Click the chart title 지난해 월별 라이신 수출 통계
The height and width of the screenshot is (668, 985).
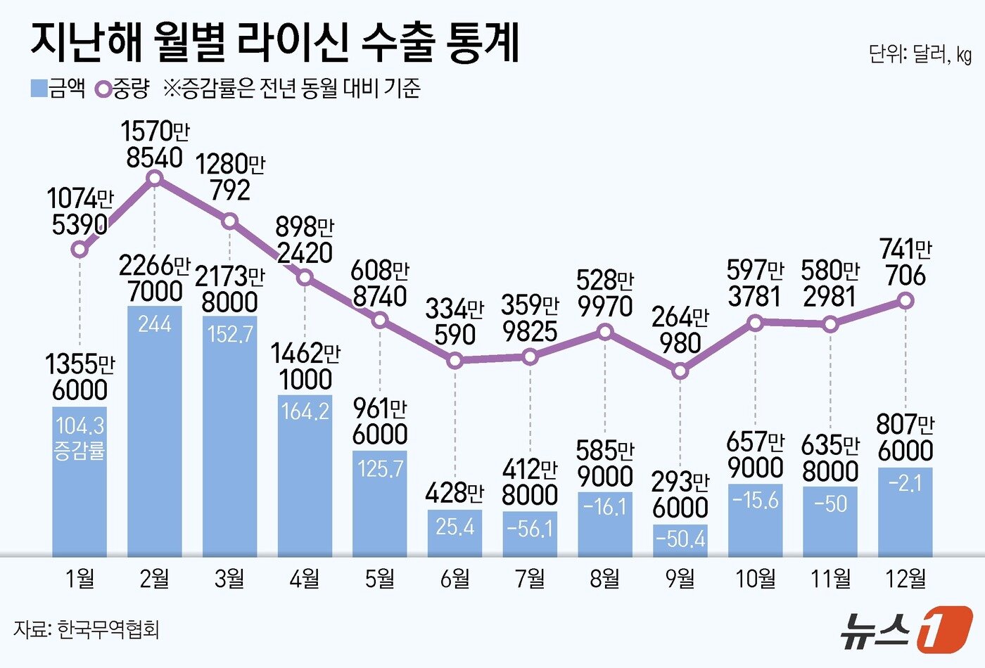click(x=274, y=44)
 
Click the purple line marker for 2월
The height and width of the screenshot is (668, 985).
click(x=155, y=179)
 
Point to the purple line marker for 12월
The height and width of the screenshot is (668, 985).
click(x=906, y=301)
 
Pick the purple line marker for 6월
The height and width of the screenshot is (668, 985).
click(x=455, y=361)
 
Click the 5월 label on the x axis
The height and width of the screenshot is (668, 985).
click(x=380, y=579)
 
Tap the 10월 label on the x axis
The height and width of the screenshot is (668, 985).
click(x=756, y=579)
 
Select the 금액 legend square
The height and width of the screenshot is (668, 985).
click(x=39, y=89)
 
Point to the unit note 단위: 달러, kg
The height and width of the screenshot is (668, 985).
click(x=920, y=55)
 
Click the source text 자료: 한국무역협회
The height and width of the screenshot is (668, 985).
click(x=86, y=628)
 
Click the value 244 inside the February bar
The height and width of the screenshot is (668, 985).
click(x=155, y=324)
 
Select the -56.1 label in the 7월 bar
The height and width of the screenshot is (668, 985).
click(x=530, y=528)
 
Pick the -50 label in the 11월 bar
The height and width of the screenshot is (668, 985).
click(x=831, y=504)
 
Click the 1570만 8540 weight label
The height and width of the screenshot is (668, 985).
click(x=155, y=144)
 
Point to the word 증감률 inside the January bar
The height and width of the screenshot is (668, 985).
click(x=80, y=450)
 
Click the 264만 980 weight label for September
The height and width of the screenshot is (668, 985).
click(x=680, y=330)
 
